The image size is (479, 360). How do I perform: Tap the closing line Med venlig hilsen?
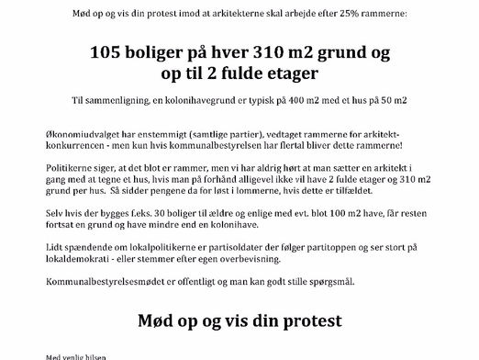click(70, 357)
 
